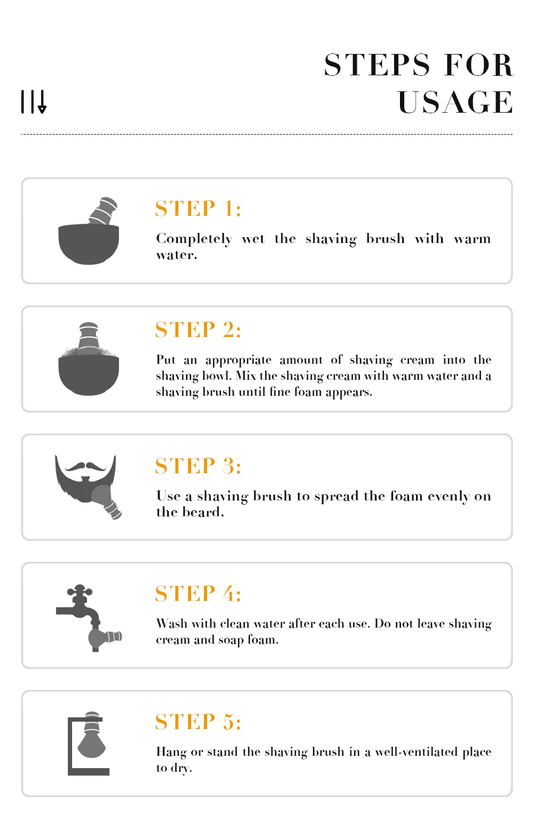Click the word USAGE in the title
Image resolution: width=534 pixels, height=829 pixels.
pos(455,102)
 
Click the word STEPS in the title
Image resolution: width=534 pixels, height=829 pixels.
pos(376,65)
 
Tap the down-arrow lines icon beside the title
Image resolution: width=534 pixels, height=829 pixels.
pos(34,101)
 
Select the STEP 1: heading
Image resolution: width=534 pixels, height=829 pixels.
pos(198,208)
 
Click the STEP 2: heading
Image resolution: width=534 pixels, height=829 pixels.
pos(198,330)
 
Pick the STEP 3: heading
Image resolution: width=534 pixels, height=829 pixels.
pos(198,466)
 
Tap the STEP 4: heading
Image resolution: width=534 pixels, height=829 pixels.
pos(198,593)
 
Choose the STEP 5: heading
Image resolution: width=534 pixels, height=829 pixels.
pos(198,722)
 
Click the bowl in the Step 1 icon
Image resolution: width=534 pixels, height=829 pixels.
pos(89,244)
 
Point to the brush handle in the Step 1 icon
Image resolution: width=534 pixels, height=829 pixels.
pos(103,210)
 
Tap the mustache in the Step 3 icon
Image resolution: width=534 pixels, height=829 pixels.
pos(85,467)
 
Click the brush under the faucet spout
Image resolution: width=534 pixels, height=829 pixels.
pos(105,637)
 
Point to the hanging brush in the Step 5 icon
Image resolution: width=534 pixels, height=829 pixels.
pos(91,735)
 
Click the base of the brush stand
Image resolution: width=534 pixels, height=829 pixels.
pos(89,772)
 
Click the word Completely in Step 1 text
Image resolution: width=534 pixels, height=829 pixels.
pos(194,239)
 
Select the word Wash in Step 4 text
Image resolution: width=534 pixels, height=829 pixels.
pos(171,623)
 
